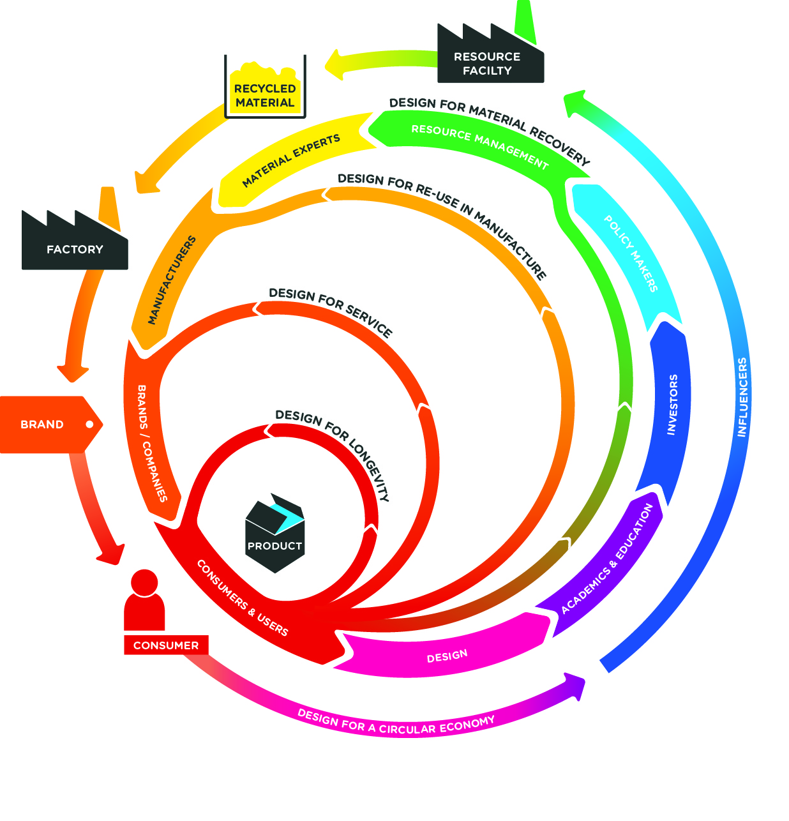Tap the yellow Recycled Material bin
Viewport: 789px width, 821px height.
pos(265,93)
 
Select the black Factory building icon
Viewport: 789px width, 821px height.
pos(75,246)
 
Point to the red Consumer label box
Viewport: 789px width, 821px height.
pos(166,645)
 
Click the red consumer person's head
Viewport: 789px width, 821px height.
pos(144,582)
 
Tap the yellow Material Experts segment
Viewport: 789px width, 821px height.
pos(291,161)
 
